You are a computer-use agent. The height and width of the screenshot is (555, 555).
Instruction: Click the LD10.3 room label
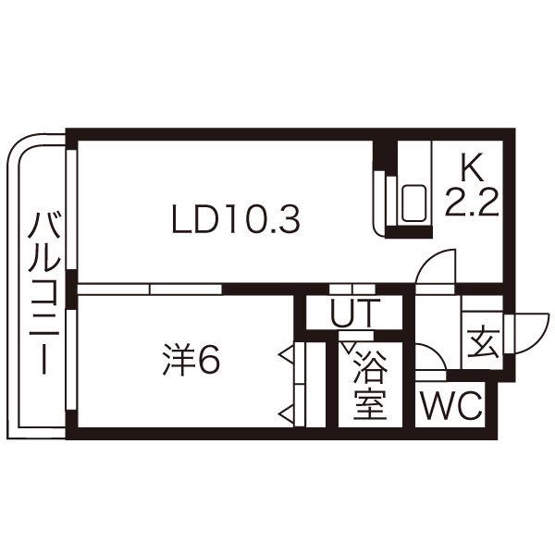point(236,219)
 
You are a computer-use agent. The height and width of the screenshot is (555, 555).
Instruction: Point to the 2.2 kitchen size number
point(472,202)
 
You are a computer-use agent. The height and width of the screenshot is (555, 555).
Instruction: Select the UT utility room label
point(355,313)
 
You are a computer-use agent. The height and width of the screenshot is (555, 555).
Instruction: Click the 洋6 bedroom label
point(191,359)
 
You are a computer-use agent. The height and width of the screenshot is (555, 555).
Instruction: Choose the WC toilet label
point(451,406)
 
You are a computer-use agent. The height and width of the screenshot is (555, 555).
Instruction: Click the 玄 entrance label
point(483,342)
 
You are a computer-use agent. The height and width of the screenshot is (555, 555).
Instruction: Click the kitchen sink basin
point(413,203)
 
